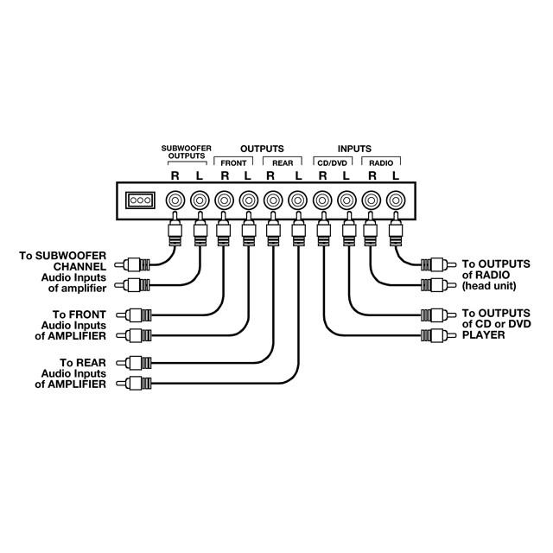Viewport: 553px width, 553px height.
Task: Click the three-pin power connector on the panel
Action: tap(140, 200)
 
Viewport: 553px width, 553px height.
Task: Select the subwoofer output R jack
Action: tap(175, 200)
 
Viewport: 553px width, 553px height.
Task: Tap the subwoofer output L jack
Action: tap(200, 200)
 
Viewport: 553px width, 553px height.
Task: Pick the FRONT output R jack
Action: tap(224, 200)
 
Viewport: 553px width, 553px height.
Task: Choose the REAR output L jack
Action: tap(297, 200)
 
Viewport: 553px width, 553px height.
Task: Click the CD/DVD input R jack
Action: tap(322, 200)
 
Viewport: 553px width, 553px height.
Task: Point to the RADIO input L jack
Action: tap(396, 200)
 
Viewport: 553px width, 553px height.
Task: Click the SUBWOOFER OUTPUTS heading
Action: tap(187, 152)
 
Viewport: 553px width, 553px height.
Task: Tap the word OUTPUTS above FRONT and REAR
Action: tap(262, 149)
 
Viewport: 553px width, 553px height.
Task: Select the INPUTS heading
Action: tap(354, 149)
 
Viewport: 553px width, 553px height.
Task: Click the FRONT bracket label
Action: tap(233, 163)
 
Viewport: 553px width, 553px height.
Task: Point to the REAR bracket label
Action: tap(283, 163)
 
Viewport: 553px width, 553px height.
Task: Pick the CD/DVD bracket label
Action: tap(332, 163)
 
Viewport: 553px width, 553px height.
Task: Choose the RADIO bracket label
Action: tap(381, 163)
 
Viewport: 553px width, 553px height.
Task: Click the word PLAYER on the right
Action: tap(484, 335)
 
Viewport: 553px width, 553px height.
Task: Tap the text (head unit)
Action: tap(489, 286)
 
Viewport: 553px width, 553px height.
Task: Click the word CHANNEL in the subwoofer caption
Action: tap(79, 267)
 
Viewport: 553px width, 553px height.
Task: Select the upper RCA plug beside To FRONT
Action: tap(134, 315)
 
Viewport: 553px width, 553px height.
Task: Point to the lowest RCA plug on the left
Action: tap(134, 383)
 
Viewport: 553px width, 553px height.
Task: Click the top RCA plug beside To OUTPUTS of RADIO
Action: tap(439, 264)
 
